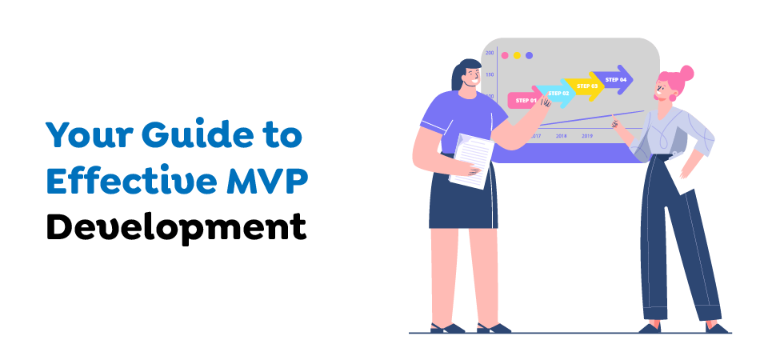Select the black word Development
pyautogui.click(x=176, y=226)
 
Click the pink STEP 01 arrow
pyautogui.click(x=525, y=100)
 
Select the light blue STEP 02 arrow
pyautogui.click(x=558, y=94)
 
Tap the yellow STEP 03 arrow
pyautogui.click(x=586, y=86)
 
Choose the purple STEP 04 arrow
pyautogui.click(x=615, y=79)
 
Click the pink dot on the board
pyautogui.click(x=504, y=56)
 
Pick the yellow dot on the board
pyautogui.click(x=517, y=56)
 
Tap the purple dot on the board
pyautogui.click(x=529, y=56)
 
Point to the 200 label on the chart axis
pyautogui.click(x=490, y=53)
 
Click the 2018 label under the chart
pyautogui.click(x=561, y=136)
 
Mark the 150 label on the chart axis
pyautogui.click(x=490, y=74)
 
